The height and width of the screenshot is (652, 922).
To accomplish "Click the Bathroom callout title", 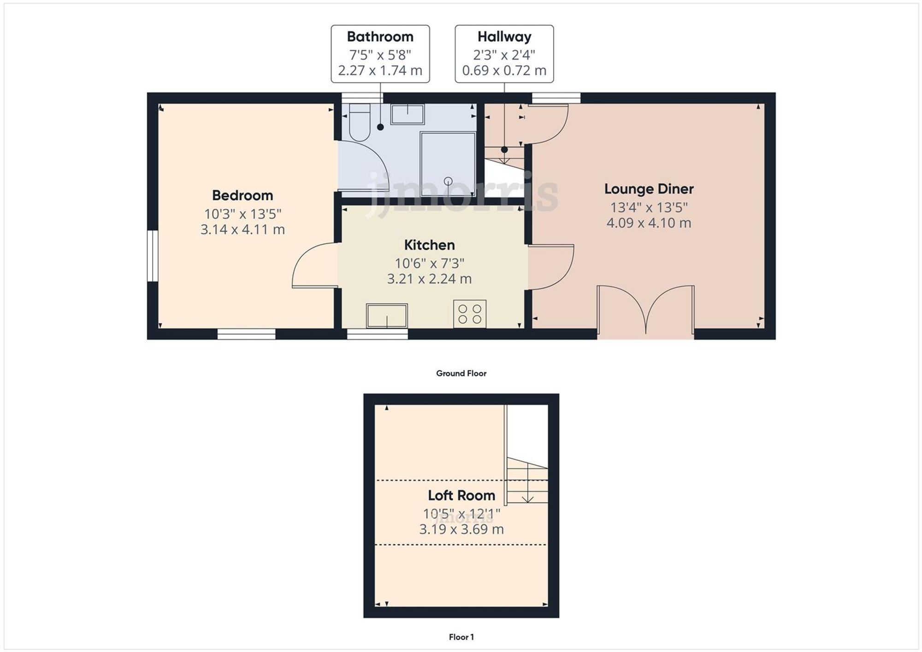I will [380, 37].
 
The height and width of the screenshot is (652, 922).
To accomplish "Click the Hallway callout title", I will [504, 37].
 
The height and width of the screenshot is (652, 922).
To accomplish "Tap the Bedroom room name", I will [242, 195].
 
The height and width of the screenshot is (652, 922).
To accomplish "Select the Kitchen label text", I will [429, 245].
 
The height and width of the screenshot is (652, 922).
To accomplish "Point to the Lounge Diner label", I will [649, 189].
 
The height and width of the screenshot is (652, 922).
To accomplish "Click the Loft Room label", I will [461, 495].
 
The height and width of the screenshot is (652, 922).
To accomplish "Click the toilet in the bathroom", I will [360, 123].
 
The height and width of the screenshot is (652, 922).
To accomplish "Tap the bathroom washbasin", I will [408, 114].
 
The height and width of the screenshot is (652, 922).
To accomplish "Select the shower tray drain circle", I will [448, 181].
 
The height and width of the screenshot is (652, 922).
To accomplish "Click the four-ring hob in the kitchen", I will [470, 314].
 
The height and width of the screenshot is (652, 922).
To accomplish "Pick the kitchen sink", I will [386, 316].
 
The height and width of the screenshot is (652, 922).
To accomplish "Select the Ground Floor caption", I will [461, 373].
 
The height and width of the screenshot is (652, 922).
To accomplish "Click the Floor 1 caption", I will [461, 637].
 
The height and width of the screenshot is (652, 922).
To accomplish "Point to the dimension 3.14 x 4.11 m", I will [242, 229].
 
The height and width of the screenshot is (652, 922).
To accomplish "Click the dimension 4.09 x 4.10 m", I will [649, 223].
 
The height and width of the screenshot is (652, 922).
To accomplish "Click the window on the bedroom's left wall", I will [153, 256].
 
